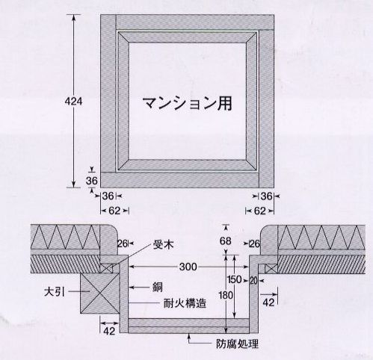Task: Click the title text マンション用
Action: coord(188,103)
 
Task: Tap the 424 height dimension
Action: coord(73,102)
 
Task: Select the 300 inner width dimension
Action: coord(188,267)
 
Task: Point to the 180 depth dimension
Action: coord(226,296)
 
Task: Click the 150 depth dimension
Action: coord(235,280)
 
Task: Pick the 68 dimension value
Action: coord(226,241)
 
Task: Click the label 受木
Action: coord(163,245)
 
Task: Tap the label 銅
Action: coord(158,288)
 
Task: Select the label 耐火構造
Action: coord(185,303)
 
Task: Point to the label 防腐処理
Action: coord(237,344)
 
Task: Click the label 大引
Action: coord(55,292)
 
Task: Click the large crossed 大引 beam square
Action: coord(99,294)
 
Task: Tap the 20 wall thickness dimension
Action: coord(253,281)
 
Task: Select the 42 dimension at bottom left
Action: coord(109,331)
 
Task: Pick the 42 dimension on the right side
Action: coord(268,302)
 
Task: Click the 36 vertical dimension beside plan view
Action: coord(92,181)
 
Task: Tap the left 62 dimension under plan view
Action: coord(114,211)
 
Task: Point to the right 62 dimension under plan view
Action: coord(260,211)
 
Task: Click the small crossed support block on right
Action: coord(271,269)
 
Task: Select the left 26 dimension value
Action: coord(123,243)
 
